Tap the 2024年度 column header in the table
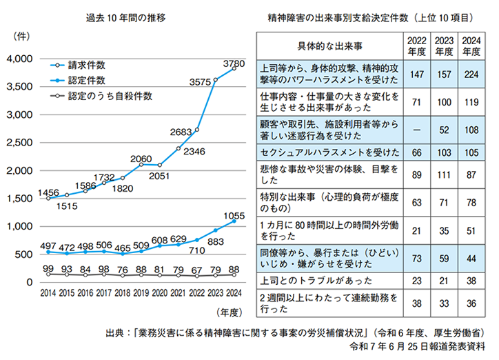pyautogui.click(x=471, y=46)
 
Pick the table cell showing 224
pyautogui.click(x=471, y=72)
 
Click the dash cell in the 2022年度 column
pyautogui.click(x=416, y=128)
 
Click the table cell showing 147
pyautogui.click(x=416, y=72)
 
